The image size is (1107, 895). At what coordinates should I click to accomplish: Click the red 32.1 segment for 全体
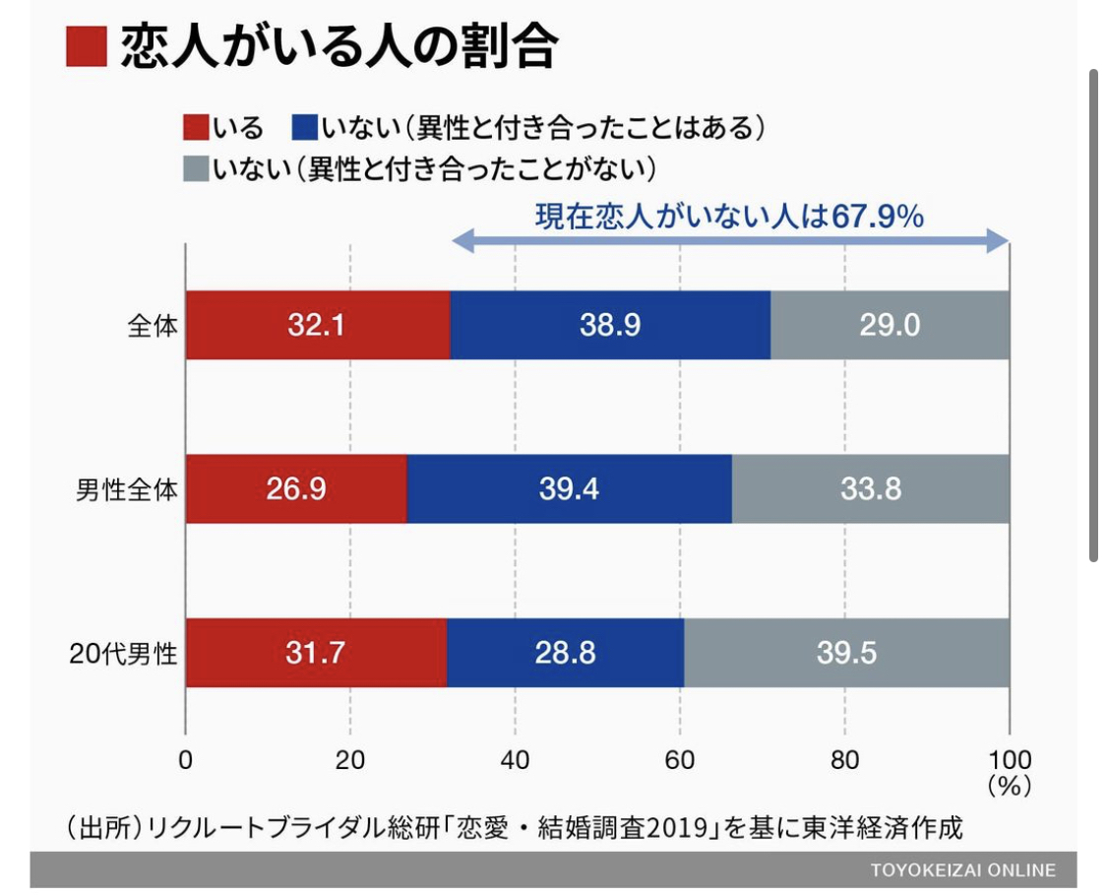click(317, 325)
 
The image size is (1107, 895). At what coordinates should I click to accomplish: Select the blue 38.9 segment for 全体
click(610, 325)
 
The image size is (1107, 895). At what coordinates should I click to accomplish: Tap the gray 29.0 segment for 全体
click(890, 325)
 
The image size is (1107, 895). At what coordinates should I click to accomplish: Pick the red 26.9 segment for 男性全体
click(295, 489)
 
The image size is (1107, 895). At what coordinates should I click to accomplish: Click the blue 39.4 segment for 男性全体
click(569, 489)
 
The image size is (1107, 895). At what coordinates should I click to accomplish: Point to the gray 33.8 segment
click(871, 489)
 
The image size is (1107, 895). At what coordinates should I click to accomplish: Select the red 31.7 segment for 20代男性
click(316, 653)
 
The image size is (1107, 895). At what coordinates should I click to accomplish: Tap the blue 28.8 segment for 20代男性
click(565, 653)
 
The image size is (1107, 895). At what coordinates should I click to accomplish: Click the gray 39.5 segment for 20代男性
click(846, 653)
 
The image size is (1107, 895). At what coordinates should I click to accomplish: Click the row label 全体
click(153, 326)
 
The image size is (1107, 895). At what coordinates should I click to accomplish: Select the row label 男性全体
click(128, 489)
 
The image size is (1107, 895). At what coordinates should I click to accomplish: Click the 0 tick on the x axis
click(185, 760)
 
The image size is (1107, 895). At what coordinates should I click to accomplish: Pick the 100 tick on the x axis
click(1009, 760)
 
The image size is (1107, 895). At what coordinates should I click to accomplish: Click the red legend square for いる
click(195, 128)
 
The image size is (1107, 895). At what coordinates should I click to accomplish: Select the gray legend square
click(195, 168)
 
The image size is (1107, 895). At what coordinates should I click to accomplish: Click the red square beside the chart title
click(86, 46)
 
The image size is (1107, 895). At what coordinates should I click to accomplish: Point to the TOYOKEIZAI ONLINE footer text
click(962, 870)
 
